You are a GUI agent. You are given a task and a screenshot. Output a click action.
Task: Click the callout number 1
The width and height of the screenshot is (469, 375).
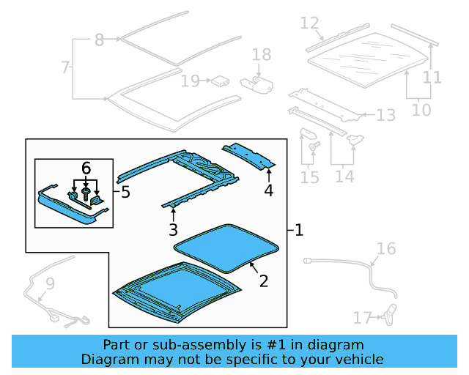click(x=298, y=230)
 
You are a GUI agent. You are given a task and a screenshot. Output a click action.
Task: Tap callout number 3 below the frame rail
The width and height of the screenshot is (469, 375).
click(x=173, y=231)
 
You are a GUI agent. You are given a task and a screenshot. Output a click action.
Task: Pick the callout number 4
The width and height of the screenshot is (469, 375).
click(x=269, y=190)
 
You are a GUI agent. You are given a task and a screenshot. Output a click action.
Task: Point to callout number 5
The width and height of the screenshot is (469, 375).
click(x=125, y=193)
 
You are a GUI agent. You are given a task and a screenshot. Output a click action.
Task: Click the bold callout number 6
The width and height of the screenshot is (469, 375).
click(x=86, y=168)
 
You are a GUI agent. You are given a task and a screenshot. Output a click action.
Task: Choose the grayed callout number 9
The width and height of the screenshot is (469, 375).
click(x=50, y=283)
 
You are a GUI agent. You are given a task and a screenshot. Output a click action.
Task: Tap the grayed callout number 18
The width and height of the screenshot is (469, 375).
click(x=262, y=55)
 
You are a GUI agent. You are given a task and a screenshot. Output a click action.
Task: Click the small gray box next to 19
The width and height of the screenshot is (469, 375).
click(x=218, y=81)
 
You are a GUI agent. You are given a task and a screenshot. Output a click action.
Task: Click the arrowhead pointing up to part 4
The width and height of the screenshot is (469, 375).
click(x=269, y=172)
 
